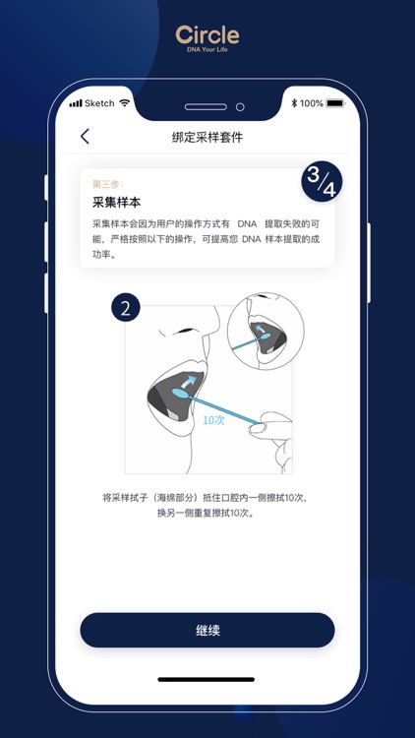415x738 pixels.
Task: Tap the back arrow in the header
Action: point(85,137)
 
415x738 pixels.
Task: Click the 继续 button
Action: point(207,630)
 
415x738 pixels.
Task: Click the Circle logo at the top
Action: point(207,35)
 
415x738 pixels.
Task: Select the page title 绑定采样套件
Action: point(207,138)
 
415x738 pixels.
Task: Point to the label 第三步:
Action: point(107,184)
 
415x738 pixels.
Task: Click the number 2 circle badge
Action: point(126,307)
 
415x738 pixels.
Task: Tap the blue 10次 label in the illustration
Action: point(214,419)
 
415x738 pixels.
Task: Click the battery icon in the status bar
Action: point(336,103)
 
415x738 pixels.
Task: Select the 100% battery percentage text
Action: point(312,103)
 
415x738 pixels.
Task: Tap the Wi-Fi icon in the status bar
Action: point(125,103)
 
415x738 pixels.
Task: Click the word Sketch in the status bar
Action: point(99,103)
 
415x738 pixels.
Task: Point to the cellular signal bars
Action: point(76,103)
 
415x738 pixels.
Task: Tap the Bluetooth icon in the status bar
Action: point(294,103)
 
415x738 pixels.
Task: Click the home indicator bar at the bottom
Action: point(207,679)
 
